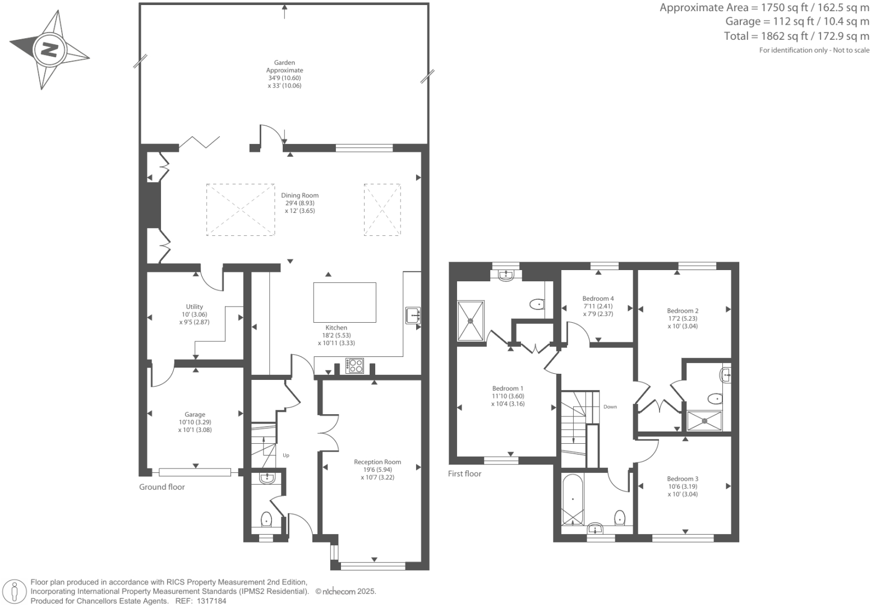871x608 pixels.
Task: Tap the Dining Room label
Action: point(299,196)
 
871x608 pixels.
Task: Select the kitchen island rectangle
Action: point(344,302)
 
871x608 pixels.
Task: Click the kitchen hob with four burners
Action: point(355,366)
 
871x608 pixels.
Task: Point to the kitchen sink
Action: point(413,315)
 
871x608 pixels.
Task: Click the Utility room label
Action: point(194,307)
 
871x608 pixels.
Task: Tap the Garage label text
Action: point(195,415)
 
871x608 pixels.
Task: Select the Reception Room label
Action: point(377,462)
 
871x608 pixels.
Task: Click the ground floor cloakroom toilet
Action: point(266,520)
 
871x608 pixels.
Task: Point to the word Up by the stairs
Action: point(286,455)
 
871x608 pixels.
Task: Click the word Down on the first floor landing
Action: point(610,407)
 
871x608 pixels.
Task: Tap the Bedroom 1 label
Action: point(508,388)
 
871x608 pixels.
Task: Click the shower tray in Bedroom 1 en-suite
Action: point(471,321)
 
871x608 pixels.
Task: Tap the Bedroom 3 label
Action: point(683,479)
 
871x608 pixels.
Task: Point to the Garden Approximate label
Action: point(284,67)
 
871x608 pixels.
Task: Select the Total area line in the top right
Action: point(796,36)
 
